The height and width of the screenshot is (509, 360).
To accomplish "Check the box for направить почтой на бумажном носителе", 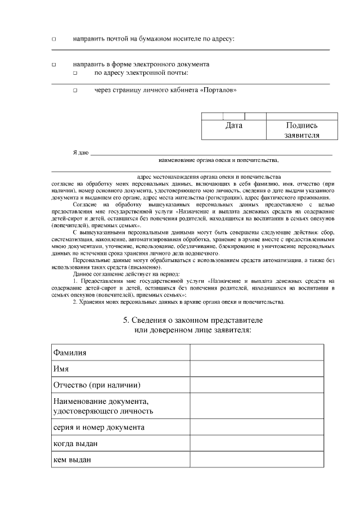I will [x=54, y=39].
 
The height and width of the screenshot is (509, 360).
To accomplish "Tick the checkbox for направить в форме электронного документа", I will [x=54, y=65].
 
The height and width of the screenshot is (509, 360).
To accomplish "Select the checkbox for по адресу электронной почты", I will [x=75, y=74].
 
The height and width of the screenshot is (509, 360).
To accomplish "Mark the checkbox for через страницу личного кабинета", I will [x=75, y=91].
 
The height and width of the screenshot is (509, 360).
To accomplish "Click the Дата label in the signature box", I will [x=233, y=125].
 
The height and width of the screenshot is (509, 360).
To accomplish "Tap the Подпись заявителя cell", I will [x=302, y=130].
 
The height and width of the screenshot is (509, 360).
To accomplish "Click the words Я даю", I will [x=80, y=153].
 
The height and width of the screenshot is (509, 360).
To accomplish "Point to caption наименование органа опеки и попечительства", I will [x=219, y=160].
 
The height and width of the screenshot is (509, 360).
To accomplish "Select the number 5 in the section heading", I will [x=126, y=320].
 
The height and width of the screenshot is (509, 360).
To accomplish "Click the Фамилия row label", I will [x=70, y=352].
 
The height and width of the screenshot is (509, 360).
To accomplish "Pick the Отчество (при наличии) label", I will [x=96, y=385].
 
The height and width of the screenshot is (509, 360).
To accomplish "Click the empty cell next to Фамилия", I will [x=256, y=352].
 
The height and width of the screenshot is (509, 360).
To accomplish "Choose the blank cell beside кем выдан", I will [x=256, y=460].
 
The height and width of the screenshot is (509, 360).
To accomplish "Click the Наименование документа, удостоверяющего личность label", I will [x=103, y=406].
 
